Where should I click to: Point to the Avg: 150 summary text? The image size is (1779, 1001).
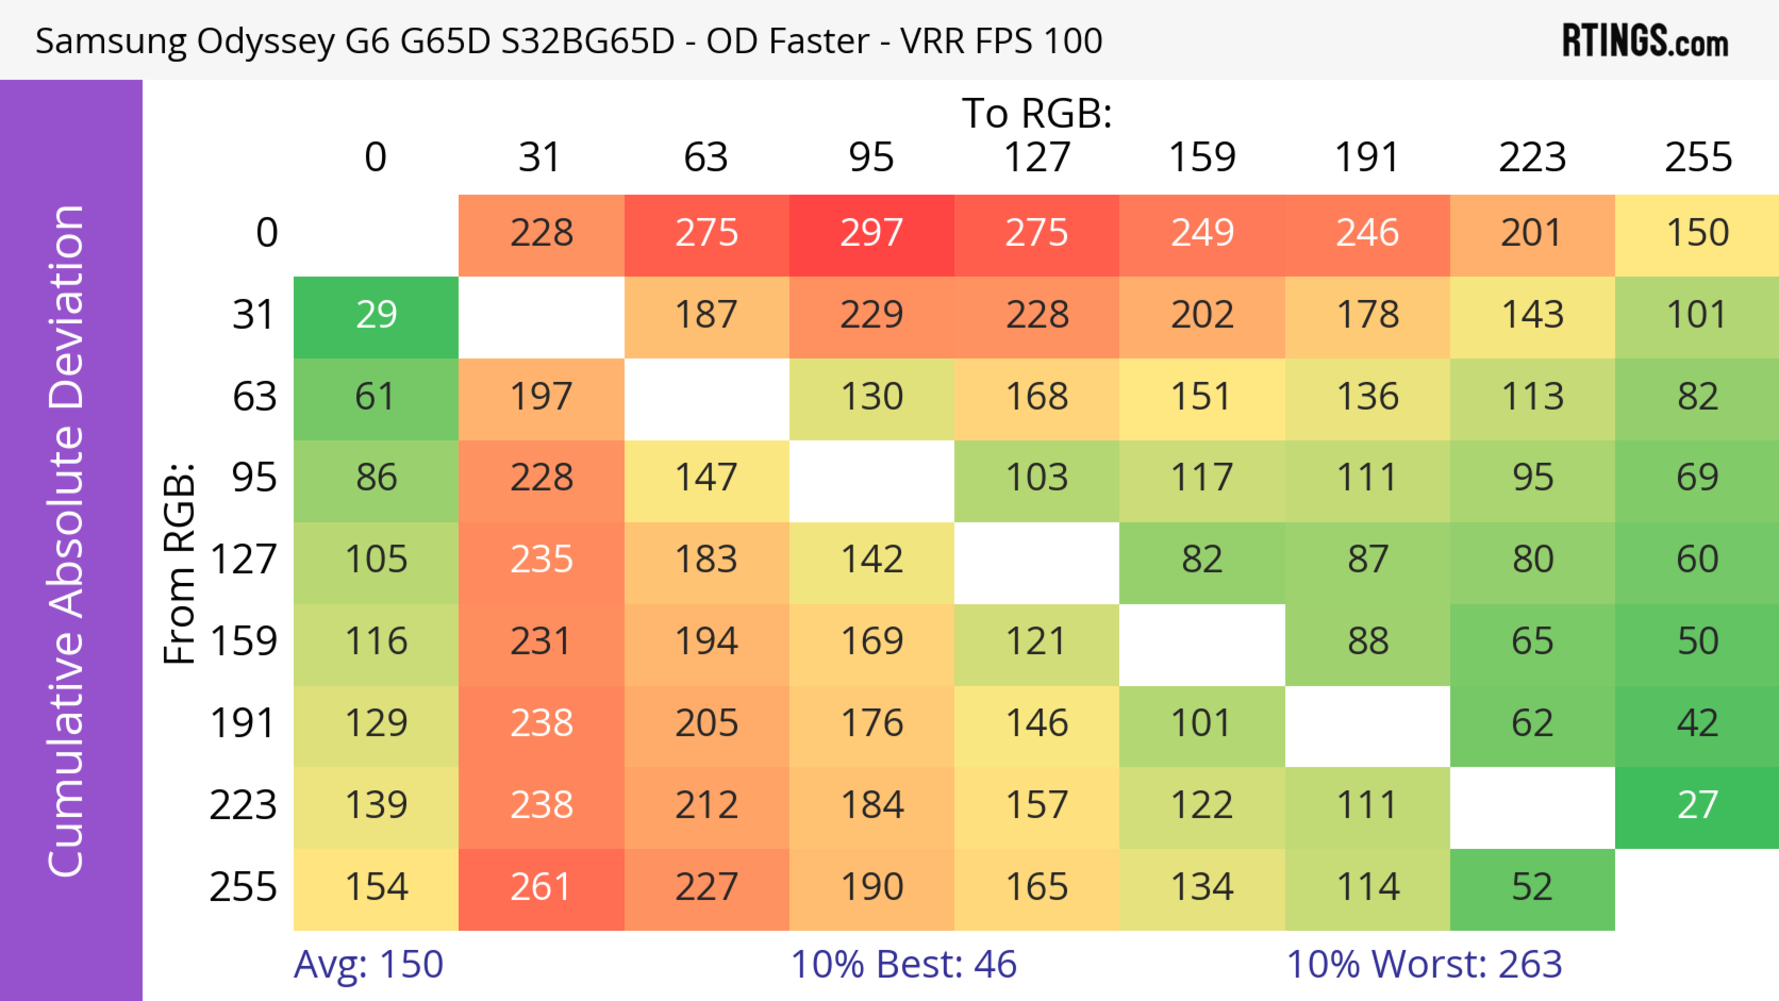click(x=368, y=964)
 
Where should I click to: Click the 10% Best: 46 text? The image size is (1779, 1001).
click(x=903, y=964)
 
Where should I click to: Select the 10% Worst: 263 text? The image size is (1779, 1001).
click(x=1424, y=964)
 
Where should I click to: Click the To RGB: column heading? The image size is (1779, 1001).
click(x=1037, y=113)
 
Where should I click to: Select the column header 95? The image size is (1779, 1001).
click(x=871, y=157)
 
